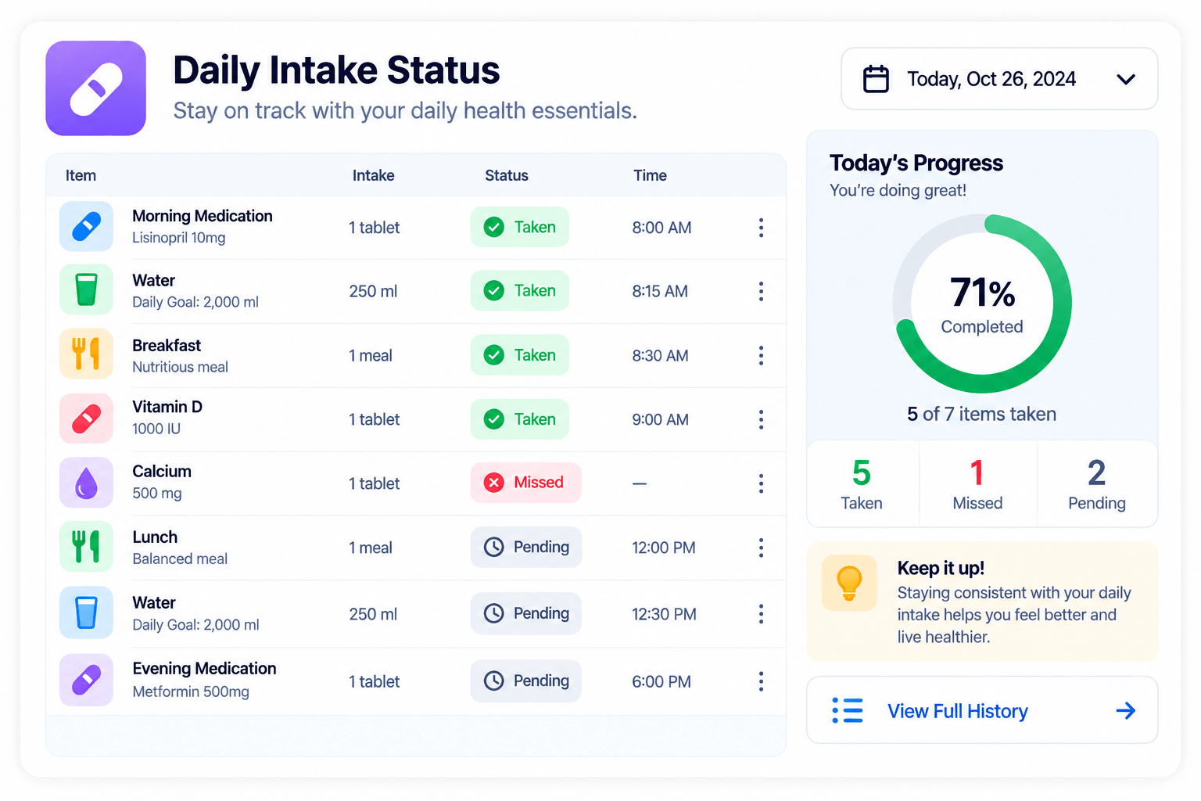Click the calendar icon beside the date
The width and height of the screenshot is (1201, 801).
[x=876, y=79]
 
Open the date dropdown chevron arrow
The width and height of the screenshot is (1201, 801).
[x=1125, y=80]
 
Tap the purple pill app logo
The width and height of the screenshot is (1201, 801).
[x=96, y=88]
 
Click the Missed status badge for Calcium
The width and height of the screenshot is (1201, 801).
[x=525, y=483]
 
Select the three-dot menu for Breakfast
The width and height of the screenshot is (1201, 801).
[x=761, y=355]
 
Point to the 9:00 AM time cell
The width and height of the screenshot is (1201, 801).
[x=660, y=419]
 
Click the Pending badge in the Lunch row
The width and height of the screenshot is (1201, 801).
[x=526, y=547]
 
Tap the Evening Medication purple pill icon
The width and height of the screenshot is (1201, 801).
[x=86, y=680]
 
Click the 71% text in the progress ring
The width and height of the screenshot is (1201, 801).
[x=982, y=293]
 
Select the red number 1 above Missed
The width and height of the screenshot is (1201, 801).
[x=977, y=472]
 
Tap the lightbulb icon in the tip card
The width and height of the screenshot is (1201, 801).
[x=849, y=583]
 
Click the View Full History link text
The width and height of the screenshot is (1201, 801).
[x=958, y=711]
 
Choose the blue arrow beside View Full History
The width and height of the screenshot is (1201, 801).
[x=1125, y=711]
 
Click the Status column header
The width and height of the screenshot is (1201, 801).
[x=507, y=175]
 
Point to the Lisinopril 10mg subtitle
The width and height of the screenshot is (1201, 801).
[x=178, y=238]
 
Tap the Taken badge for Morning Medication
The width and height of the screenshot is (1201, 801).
[x=519, y=227]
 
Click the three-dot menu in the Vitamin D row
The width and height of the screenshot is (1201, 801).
[x=761, y=419]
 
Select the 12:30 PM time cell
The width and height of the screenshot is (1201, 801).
[x=664, y=614]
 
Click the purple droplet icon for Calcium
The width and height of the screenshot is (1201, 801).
[x=86, y=483]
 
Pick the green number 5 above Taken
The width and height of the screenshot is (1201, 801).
[x=861, y=472]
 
